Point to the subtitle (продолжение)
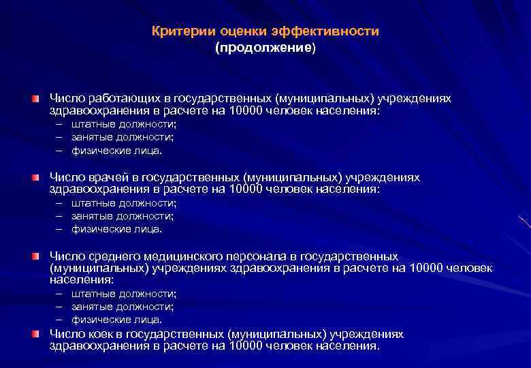point(265,48)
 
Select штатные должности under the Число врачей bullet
point(124,203)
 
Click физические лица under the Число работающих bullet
point(117,151)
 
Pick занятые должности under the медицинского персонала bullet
point(123,307)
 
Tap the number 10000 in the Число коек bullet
point(248,346)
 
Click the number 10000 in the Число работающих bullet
point(248,111)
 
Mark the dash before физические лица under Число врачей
point(59,229)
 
